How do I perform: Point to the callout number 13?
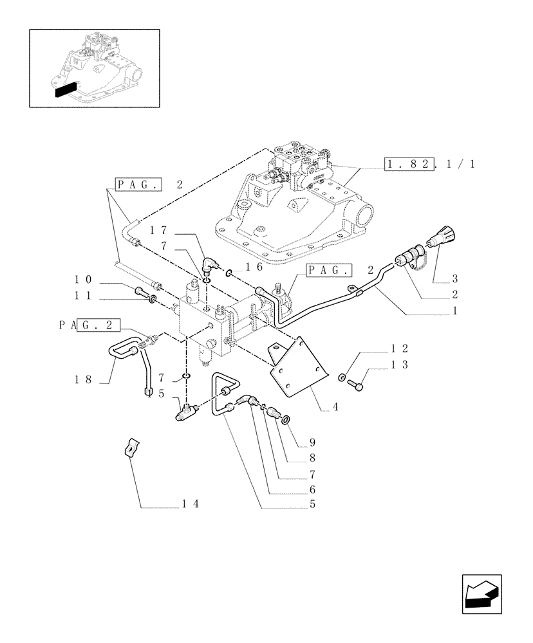pyautogui.click(x=399, y=365)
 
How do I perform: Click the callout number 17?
pyautogui.click(x=159, y=230)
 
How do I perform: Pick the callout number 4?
pyautogui.click(x=335, y=408)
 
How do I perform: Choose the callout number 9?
pyautogui.click(x=312, y=443)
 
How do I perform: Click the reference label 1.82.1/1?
pyautogui.click(x=429, y=164)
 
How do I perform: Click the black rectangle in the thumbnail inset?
pyautogui.click(x=66, y=89)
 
